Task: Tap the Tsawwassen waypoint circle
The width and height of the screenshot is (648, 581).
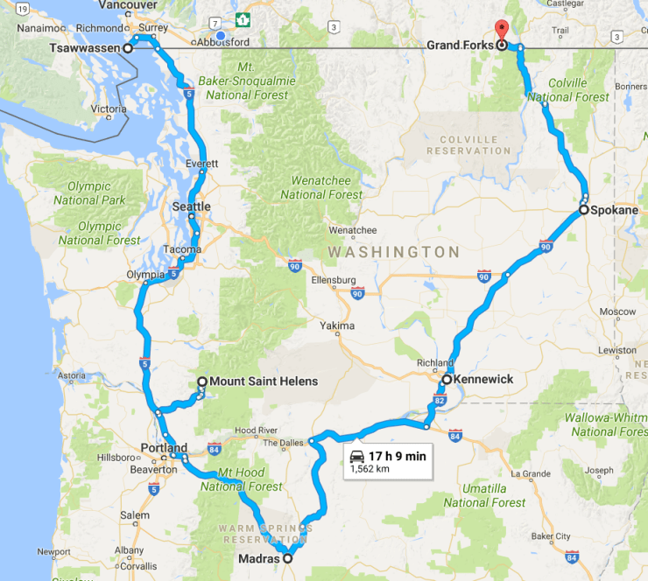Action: (128, 48)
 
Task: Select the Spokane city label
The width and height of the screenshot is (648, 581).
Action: (615, 210)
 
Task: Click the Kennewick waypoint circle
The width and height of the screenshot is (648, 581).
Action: (447, 380)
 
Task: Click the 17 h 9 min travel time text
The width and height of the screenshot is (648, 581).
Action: (398, 456)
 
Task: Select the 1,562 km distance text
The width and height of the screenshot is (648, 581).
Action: (370, 469)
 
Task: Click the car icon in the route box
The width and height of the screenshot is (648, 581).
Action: (357, 456)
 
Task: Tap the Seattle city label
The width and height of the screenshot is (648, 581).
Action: (192, 206)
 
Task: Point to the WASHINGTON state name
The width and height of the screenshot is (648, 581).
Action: (393, 252)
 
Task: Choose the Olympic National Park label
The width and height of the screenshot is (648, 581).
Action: (88, 193)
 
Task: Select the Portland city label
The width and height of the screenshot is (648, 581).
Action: (164, 448)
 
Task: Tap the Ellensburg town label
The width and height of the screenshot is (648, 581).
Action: (333, 280)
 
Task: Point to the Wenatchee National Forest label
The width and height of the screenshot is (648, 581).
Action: (320, 187)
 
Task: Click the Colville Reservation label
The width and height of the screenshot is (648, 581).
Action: (468, 144)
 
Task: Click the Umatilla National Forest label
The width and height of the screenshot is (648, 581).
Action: (484, 495)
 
